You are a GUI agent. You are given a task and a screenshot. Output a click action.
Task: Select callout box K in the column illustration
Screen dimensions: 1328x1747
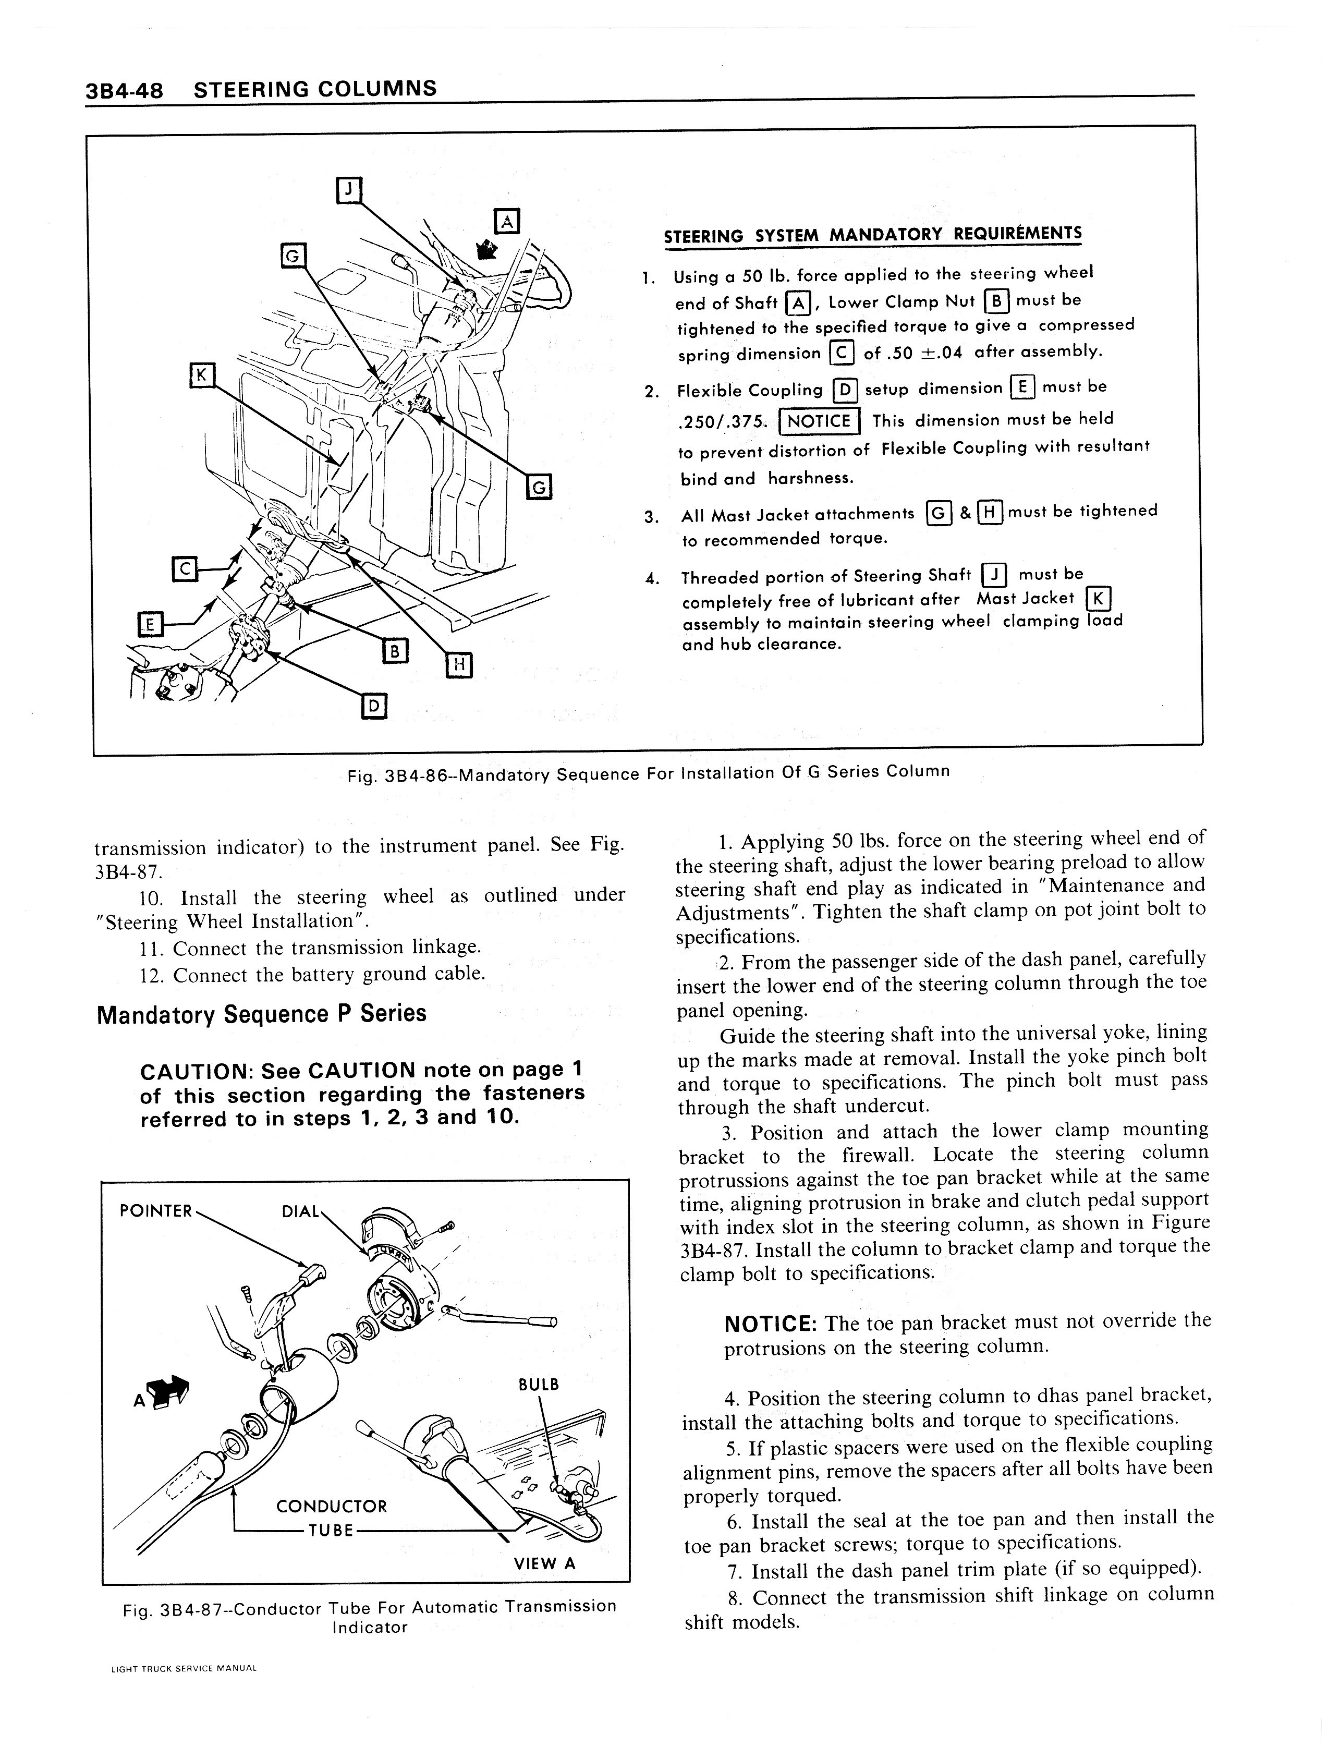click(202, 375)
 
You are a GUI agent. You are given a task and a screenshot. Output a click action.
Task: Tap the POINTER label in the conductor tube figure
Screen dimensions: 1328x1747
click(156, 1210)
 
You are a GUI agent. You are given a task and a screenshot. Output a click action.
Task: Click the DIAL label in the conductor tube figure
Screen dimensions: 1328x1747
click(300, 1211)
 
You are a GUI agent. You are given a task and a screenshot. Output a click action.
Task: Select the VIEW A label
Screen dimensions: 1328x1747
click(545, 1563)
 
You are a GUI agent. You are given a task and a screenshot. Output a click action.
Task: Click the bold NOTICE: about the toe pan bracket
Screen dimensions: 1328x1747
click(771, 1324)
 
